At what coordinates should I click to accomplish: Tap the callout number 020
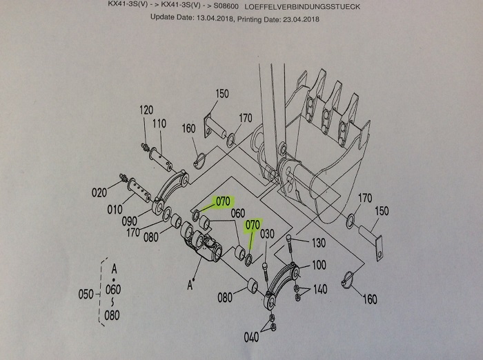coord(99,192)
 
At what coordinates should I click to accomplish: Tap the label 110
coord(159,123)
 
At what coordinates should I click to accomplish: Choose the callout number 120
coord(145,110)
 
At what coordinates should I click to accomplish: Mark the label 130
coord(317,242)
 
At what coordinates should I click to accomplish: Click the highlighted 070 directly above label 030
coord(253,224)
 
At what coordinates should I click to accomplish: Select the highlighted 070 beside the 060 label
coord(222,202)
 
